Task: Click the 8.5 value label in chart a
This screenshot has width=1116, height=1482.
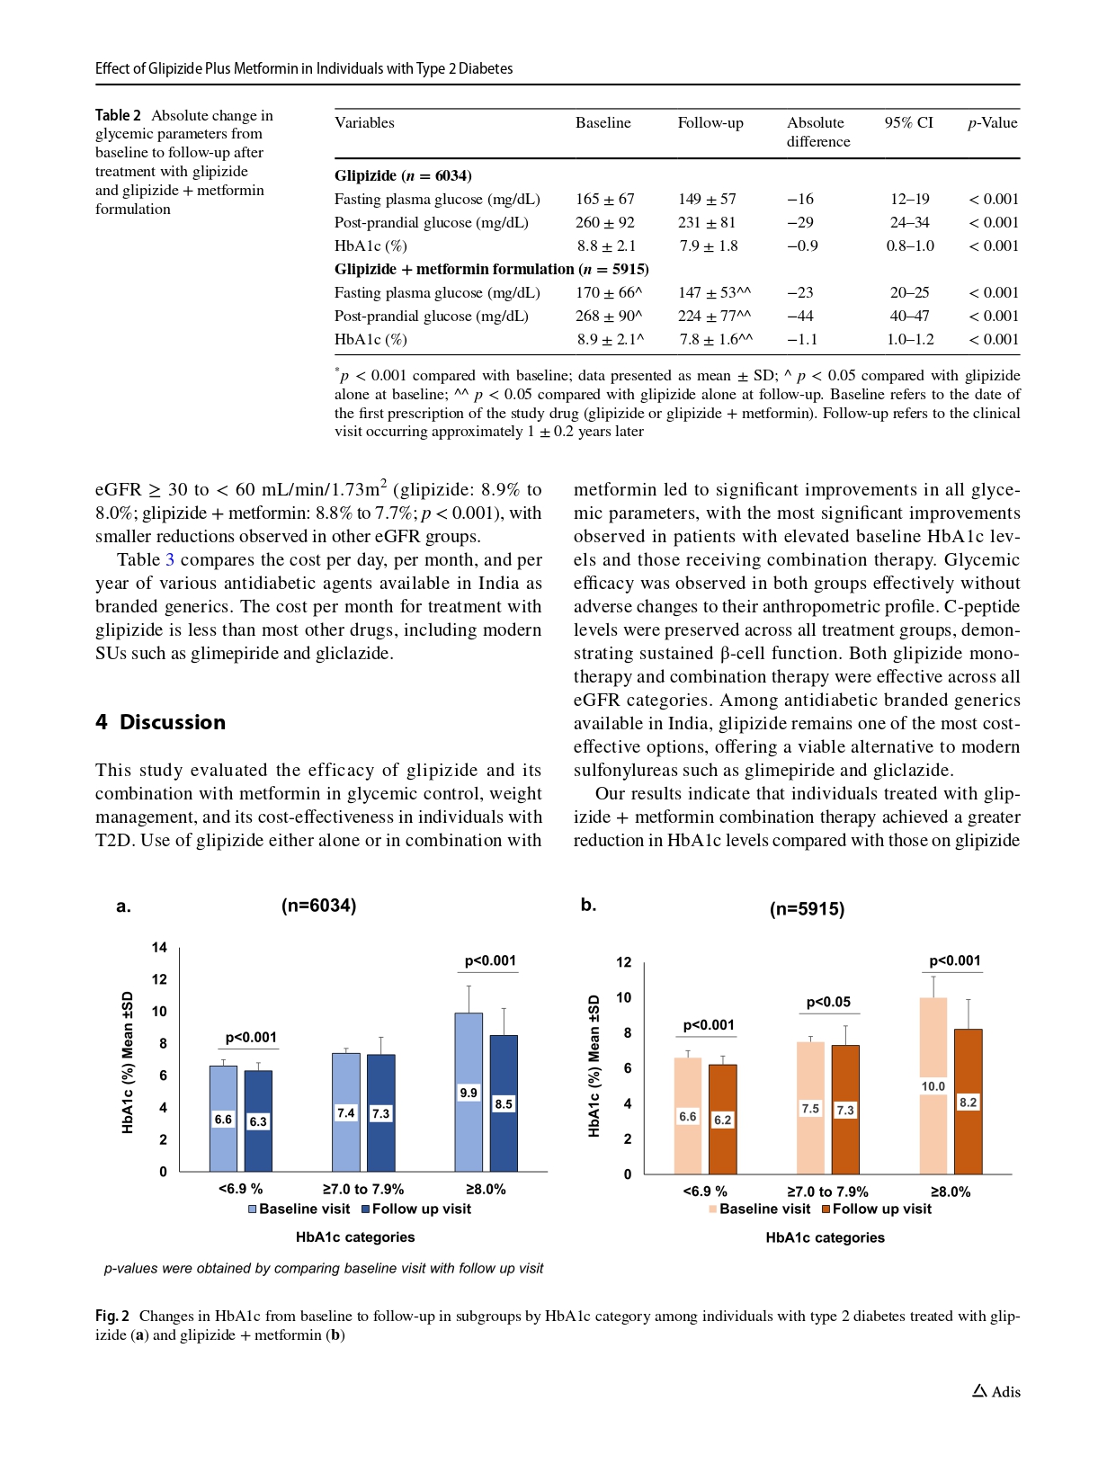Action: click(504, 1104)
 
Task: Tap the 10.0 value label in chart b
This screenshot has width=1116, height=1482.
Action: click(933, 1086)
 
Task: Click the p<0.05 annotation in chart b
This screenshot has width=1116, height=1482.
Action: click(828, 1002)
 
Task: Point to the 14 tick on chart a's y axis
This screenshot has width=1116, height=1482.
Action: click(159, 947)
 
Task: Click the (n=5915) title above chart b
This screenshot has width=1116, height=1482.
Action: click(807, 909)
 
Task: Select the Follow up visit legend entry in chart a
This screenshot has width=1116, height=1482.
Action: click(416, 1210)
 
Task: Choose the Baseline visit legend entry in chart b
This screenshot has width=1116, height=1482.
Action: click(759, 1210)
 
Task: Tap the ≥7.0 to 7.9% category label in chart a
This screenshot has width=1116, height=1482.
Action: click(363, 1189)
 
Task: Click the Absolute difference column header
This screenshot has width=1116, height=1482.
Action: click(817, 132)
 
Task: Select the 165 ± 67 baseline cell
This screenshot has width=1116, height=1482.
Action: click(605, 199)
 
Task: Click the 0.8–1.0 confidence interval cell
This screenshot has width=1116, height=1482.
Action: click(910, 246)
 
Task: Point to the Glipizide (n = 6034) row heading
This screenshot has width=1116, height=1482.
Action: click(403, 175)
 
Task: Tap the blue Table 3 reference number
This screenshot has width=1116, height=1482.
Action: click(170, 559)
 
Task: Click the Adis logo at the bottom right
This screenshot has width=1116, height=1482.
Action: click(996, 1391)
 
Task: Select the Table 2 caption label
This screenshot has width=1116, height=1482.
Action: click(118, 115)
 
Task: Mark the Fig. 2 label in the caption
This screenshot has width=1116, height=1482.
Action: click(112, 1316)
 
